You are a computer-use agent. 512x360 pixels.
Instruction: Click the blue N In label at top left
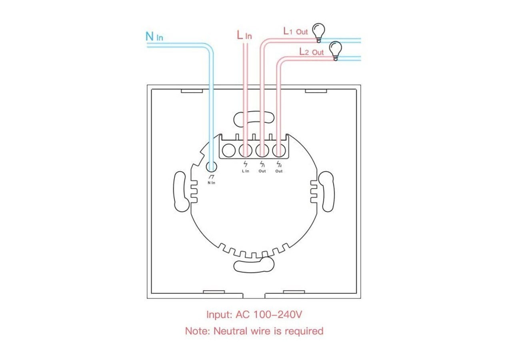(154, 36)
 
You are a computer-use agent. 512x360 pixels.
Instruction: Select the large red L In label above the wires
(244, 35)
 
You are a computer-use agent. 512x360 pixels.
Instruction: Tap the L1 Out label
(295, 31)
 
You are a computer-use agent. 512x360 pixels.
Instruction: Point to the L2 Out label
(312, 52)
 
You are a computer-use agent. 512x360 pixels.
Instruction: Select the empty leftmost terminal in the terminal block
(228, 151)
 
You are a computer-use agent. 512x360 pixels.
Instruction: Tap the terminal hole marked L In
(245, 151)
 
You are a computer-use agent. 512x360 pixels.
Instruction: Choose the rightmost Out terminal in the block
(278, 151)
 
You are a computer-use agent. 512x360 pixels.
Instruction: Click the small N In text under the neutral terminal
(211, 183)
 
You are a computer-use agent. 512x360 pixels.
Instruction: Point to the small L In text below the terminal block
(245, 171)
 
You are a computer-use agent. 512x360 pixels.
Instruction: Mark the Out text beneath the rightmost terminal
(279, 171)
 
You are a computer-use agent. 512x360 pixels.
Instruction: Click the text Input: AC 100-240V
(254, 314)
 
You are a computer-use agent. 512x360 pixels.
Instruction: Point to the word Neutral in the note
(230, 331)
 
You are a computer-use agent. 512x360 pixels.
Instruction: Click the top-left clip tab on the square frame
(192, 91)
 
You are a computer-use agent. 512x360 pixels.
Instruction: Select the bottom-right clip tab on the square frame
(294, 292)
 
